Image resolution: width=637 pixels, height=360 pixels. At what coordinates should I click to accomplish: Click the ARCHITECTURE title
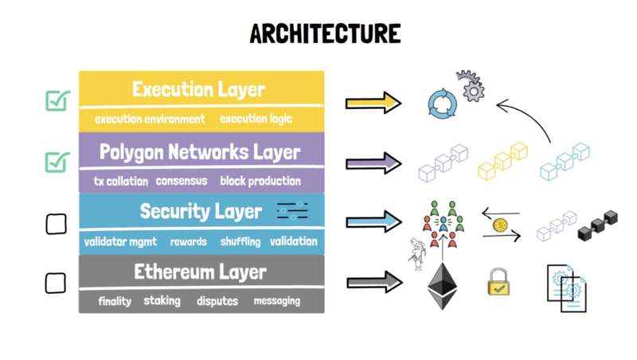324,33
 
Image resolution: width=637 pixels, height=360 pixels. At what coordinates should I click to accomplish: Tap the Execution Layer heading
198,88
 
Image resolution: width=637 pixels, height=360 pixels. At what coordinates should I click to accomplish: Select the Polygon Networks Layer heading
200,151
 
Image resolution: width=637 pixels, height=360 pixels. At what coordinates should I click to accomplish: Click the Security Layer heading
200,211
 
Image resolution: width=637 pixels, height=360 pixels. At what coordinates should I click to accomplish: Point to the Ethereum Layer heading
200,272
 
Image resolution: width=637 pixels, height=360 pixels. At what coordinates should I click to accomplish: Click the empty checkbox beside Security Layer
56,224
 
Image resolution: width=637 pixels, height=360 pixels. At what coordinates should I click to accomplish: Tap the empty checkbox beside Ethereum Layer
55,283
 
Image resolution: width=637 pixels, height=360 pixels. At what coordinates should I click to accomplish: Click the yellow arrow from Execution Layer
373,102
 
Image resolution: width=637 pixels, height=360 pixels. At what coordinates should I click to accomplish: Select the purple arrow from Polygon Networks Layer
373,162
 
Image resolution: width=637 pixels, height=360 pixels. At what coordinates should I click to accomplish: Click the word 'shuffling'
240,241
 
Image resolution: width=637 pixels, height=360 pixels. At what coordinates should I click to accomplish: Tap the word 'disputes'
217,301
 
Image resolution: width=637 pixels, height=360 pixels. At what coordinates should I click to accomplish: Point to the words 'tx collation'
120,181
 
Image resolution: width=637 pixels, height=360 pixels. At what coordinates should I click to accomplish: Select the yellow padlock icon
499,283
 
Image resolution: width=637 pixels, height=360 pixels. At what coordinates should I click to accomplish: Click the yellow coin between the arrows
500,225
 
